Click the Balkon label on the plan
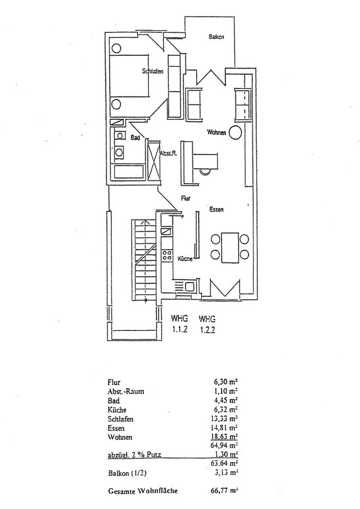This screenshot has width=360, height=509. pyautogui.click(x=216, y=37)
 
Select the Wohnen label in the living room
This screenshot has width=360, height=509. pyautogui.click(x=217, y=132)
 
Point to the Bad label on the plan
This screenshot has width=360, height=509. pyautogui.click(x=135, y=137)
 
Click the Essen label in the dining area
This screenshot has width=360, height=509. pyautogui.click(x=216, y=209)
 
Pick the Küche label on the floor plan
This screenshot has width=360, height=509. pyautogui.click(x=185, y=259)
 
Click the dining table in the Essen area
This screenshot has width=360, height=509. pyautogui.click(x=230, y=247)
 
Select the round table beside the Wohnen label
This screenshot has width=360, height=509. pyautogui.click(x=236, y=131)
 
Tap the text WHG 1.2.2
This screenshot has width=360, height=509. pyautogui.click(x=207, y=324)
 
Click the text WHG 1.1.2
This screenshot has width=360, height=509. pyautogui.click(x=179, y=324)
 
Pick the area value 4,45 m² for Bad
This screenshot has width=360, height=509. pyautogui.click(x=225, y=400)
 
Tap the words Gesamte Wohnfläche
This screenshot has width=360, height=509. pyautogui.click(x=142, y=491)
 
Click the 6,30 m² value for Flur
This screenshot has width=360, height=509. pyautogui.click(x=225, y=382)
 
